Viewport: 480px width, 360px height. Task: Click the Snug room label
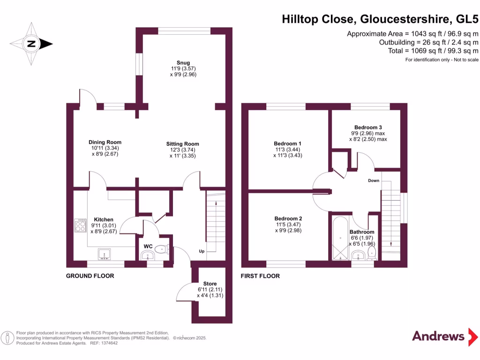183,63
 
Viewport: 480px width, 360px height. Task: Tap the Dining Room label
105,142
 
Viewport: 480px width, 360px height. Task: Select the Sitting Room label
182,144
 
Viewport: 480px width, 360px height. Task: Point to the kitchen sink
104,255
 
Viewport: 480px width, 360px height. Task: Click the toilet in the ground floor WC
161,249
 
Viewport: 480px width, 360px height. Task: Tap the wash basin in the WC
147,256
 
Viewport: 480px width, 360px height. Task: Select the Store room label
210,284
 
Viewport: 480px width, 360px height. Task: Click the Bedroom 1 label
287,143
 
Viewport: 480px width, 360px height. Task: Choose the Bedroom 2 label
288,218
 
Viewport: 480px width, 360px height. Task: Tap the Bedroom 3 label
368,127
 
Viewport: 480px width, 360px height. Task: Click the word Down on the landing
374,180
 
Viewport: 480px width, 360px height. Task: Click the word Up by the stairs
202,251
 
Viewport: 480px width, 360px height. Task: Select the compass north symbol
32,44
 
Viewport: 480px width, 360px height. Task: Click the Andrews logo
438,336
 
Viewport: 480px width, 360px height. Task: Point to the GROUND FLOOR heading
90,276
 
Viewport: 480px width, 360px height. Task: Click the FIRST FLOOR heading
260,276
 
